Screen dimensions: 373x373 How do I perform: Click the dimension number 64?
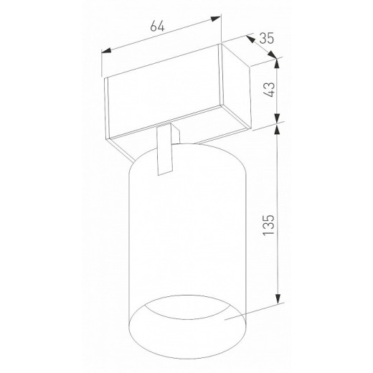[157, 27]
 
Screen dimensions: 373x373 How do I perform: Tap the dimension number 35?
[266, 38]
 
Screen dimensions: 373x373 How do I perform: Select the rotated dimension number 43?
[269, 90]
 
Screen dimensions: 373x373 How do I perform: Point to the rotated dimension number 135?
[268, 225]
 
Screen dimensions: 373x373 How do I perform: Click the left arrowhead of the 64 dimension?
[106, 51]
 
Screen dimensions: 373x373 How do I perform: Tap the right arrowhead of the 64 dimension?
[216, 19]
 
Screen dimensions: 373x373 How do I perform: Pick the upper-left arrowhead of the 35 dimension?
[250, 39]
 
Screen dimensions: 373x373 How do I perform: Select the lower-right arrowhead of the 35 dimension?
[272, 55]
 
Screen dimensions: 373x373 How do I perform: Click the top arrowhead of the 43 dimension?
[277, 63]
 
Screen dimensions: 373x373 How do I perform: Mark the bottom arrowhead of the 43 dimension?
[277, 118]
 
